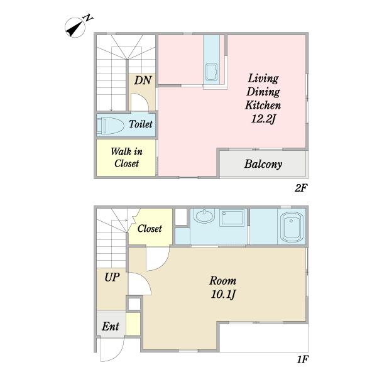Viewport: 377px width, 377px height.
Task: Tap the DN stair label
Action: [x=143, y=80]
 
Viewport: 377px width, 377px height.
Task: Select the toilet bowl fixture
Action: [x=111, y=125]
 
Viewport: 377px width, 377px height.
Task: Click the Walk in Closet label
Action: [x=126, y=158]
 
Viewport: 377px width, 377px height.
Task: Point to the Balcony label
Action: [x=263, y=164]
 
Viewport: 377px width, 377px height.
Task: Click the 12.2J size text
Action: [x=263, y=119]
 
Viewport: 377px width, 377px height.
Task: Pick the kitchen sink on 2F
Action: [x=211, y=72]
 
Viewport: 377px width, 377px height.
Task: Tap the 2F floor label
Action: [x=301, y=188]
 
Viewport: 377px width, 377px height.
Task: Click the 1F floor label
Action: [x=302, y=359]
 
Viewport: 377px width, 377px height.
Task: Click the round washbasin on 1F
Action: [x=204, y=216]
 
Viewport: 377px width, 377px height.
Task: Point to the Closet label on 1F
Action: [x=150, y=229]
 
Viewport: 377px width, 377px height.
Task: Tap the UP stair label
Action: [x=112, y=278]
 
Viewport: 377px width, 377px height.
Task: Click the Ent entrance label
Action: [x=111, y=326]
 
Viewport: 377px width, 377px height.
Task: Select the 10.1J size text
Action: [x=223, y=294]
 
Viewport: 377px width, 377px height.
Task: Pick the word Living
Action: [x=263, y=79]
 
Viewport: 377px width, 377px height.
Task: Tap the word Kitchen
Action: [x=263, y=106]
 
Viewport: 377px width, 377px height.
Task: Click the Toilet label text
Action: [x=141, y=124]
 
